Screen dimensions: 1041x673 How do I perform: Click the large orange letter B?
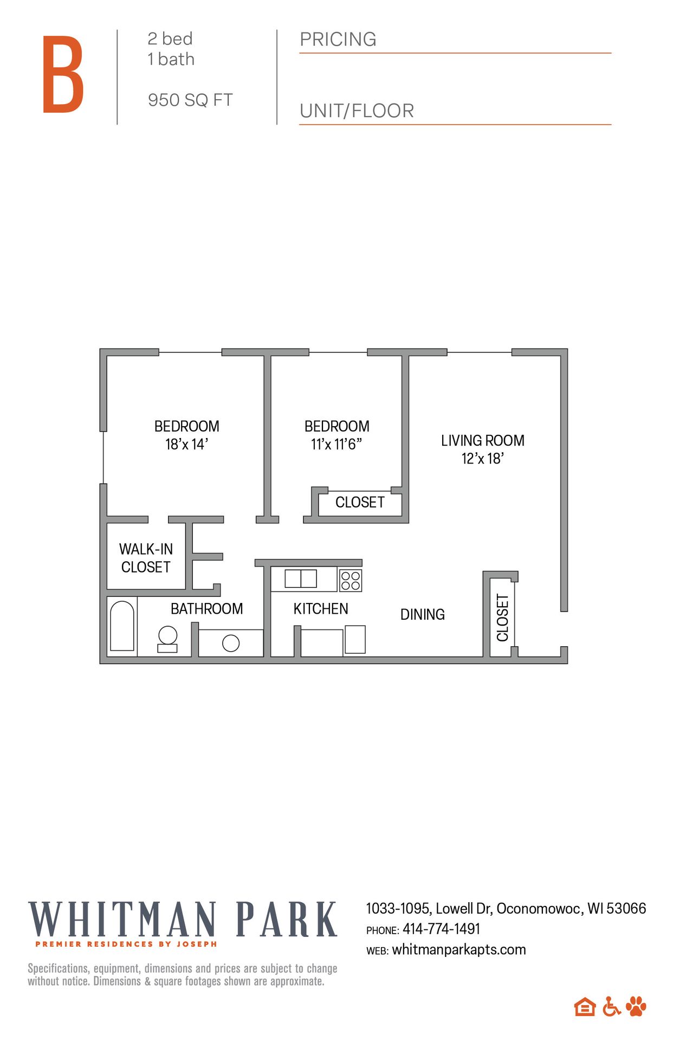click(63, 74)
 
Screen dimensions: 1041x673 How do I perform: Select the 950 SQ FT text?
click(190, 100)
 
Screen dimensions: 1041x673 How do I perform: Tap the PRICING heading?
click(338, 40)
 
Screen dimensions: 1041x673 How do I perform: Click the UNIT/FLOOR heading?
click(357, 111)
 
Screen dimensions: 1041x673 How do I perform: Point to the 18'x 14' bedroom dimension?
click(186, 445)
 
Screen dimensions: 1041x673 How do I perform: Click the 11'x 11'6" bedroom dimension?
click(336, 445)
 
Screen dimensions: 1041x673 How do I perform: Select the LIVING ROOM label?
click(482, 440)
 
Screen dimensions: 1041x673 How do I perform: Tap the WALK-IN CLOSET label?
click(146, 558)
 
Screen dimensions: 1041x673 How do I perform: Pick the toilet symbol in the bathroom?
click(167, 639)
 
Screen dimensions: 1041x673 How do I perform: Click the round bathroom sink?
click(231, 643)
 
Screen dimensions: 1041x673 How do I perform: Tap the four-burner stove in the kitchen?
click(351, 581)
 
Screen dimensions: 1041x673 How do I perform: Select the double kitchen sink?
click(301, 579)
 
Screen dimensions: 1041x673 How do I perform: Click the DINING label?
click(422, 614)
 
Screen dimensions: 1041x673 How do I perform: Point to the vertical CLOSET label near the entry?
click(502, 618)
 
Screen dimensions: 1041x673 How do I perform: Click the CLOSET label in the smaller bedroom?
click(360, 503)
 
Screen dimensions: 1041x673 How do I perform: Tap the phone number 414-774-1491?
click(441, 929)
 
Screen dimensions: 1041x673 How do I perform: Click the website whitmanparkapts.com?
click(458, 950)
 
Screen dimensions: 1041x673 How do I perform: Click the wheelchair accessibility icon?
click(611, 1007)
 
